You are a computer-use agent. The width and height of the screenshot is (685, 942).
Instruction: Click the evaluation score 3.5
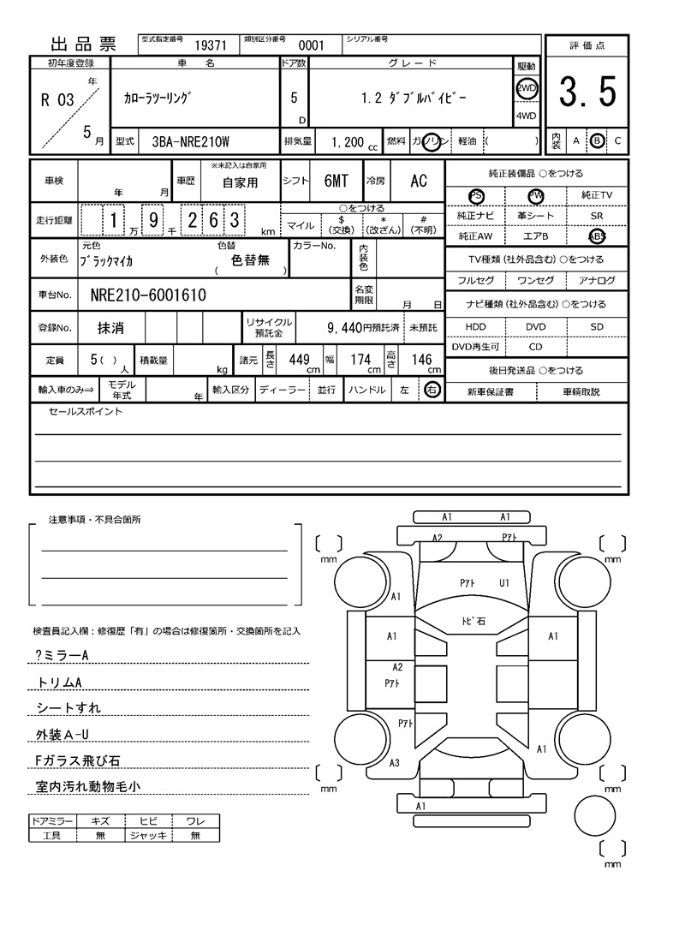[587, 92]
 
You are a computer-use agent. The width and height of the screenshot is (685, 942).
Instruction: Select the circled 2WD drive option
[526, 88]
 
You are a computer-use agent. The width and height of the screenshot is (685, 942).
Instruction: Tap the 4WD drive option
[526, 116]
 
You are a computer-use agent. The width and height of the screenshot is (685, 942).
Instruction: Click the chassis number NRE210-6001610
[147, 295]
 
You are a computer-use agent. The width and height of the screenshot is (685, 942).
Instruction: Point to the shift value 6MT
[336, 181]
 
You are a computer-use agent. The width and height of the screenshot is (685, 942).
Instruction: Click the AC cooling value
[418, 181]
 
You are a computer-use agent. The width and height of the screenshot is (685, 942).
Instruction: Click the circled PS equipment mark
[476, 195]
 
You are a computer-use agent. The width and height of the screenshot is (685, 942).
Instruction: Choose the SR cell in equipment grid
[596, 216]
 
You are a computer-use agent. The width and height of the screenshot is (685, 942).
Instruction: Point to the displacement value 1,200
[348, 140]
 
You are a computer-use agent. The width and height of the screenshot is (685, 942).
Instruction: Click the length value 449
[298, 361]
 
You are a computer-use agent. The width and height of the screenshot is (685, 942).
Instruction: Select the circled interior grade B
[597, 140]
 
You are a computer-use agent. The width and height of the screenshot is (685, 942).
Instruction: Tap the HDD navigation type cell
[475, 326]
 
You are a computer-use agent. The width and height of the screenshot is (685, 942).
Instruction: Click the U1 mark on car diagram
[505, 583]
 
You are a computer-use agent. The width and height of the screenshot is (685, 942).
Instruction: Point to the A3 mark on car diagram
[395, 763]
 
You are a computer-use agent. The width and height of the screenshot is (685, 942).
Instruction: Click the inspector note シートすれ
[68, 707]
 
